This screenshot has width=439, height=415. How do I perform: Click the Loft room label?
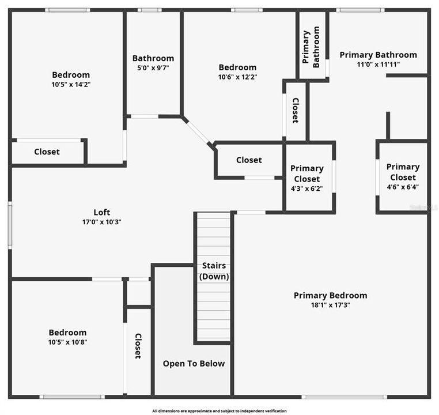point(102,212)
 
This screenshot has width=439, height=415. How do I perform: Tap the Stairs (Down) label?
point(214,271)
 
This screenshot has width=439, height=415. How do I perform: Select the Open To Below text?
point(194,363)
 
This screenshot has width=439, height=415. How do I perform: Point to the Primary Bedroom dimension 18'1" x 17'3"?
point(330,305)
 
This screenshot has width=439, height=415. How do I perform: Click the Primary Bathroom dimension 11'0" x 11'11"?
point(378,65)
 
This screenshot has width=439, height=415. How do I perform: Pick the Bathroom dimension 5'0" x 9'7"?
point(153,67)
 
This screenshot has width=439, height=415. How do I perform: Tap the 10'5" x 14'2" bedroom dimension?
point(71,84)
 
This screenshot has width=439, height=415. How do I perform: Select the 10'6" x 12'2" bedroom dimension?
point(237,77)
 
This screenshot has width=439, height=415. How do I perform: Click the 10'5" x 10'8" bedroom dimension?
point(67,342)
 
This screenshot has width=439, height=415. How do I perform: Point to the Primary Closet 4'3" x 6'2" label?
point(306,173)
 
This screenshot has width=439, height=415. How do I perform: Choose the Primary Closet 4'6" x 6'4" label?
point(403,177)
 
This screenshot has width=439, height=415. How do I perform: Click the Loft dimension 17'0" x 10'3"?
point(102,222)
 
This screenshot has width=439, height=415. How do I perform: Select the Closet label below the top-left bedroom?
point(47,152)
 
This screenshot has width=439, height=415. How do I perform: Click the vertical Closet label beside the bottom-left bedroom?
point(138,346)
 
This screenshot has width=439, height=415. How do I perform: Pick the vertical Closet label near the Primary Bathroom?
point(295,110)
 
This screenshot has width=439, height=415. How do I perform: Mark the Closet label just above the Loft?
point(249,160)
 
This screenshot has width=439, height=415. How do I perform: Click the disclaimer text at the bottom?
point(219,411)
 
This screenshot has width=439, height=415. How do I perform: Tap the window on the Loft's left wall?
point(10,225)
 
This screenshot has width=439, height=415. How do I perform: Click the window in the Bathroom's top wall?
point(150,10)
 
